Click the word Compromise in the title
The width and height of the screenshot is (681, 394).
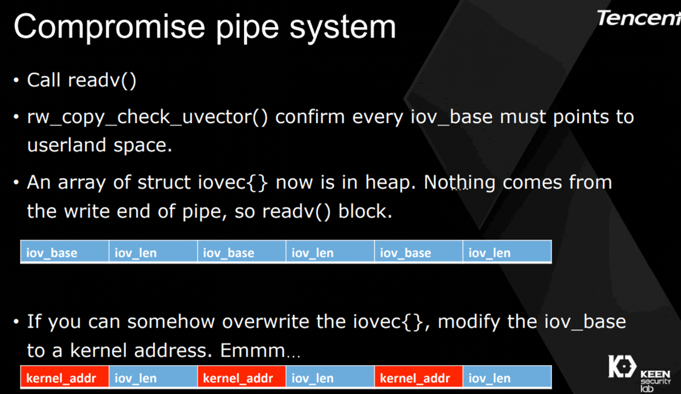110,27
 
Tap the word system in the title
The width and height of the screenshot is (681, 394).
343,28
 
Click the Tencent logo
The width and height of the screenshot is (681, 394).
639,18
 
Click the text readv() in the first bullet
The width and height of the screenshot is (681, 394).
102,80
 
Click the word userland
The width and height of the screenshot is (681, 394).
66,145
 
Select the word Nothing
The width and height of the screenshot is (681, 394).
459,183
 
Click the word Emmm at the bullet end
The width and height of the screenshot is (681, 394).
253,350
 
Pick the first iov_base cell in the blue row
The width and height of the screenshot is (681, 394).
65,252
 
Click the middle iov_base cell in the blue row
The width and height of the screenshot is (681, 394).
242,252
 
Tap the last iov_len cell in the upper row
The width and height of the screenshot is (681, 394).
507,252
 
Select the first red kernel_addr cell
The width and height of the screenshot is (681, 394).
65,378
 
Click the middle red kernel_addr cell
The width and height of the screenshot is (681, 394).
242,378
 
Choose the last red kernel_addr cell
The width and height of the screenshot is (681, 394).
419,378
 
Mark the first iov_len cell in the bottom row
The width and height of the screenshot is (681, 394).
153,378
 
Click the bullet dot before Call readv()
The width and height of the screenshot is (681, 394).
16,80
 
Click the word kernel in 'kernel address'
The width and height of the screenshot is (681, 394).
98,350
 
